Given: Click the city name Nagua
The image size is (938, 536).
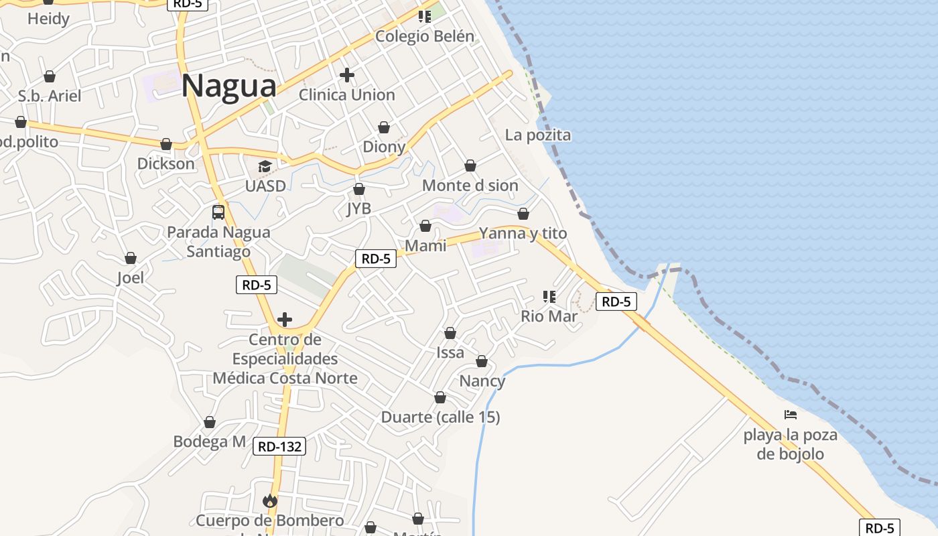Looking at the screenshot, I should pos(229,86).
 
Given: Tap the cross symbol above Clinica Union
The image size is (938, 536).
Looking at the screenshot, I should pos(346,75).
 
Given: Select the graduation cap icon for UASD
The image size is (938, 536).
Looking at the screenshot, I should pos(265,166).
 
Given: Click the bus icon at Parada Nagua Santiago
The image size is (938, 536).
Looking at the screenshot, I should pos(218,212).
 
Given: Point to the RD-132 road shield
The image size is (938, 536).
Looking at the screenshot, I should pos(279,446).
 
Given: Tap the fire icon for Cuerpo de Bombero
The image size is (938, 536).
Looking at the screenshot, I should pos(270,500).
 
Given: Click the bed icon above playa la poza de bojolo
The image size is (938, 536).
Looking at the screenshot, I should pos(791,415).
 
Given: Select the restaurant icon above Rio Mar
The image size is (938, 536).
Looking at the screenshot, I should pos(549,296).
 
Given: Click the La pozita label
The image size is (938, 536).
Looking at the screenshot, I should pos(538,135).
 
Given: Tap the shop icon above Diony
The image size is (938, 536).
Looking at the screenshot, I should pos(384,127).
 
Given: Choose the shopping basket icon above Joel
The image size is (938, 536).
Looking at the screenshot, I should pos(131,258).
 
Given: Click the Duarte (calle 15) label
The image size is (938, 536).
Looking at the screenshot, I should pos(440,417).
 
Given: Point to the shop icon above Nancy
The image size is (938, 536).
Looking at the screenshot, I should pos(482,362).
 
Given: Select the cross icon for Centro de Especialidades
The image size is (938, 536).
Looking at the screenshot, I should pos(285,320).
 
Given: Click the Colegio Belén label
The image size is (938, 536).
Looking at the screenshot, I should pos(425,37).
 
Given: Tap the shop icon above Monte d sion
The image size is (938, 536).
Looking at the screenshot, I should pos(470,165).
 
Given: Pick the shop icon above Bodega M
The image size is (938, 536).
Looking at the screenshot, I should pos(210,422).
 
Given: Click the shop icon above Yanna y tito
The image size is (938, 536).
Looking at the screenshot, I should pos(523,214).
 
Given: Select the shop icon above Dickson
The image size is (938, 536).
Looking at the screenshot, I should pos(166,144).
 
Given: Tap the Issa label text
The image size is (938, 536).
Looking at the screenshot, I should pos(450,352).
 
